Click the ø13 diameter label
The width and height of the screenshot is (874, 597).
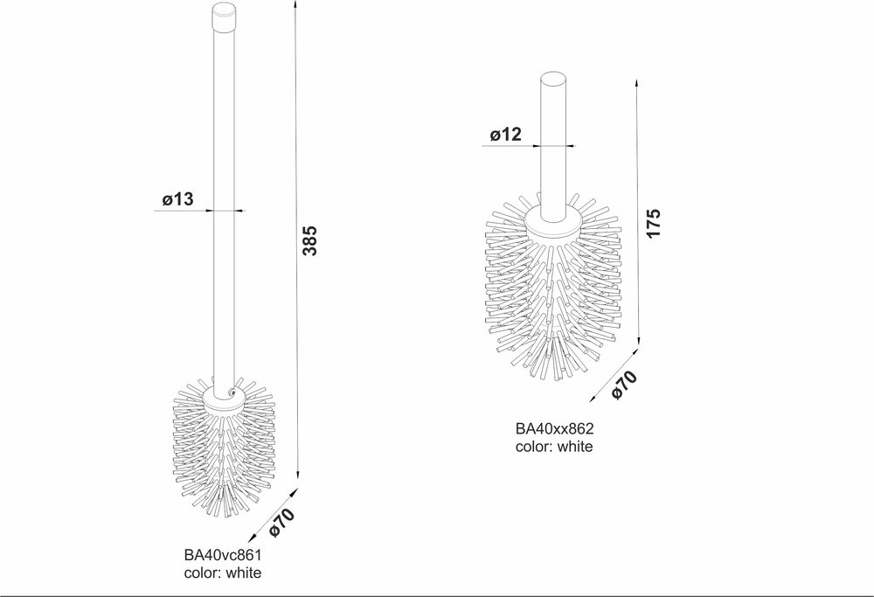click(x=177, y=199)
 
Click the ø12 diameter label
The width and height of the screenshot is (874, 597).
click(x=506, y=135)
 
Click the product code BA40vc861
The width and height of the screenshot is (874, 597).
click(x=223, y=555)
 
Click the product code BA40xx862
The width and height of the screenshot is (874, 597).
click(x=555, y=428)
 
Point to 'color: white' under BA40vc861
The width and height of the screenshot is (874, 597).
click(x=222, y=573)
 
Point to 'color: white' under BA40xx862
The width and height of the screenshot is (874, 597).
click(x=554, y=447)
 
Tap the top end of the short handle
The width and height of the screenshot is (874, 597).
click(x=554, y=79)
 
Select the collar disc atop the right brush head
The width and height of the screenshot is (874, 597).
click(x=554, y=224)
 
